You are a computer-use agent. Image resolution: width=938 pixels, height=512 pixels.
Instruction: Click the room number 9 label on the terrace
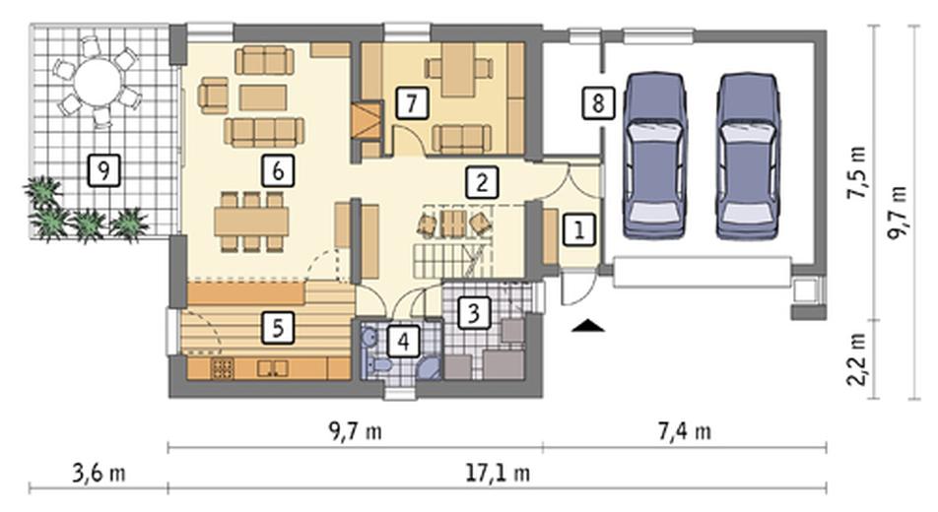point(103,170)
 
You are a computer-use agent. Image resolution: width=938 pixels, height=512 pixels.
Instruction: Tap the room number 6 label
point(278,170)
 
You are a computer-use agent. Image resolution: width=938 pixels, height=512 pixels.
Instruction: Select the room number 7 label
point(412,102)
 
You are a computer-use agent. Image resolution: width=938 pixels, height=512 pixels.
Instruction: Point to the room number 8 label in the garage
point(598,102)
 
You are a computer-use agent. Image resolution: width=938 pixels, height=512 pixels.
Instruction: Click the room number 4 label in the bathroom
point(403,342)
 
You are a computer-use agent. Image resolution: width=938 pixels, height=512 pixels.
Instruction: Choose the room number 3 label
point(474,312)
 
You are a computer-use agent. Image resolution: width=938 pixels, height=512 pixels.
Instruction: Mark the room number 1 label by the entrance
point(579,229)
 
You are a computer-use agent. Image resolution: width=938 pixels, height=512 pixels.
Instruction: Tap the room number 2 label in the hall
point(482,182)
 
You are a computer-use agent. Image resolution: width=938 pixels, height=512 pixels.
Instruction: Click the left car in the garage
point(654,156)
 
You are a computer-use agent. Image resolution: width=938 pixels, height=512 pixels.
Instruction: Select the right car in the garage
point(748,156)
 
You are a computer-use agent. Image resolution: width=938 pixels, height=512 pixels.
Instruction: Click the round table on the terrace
point(97,80)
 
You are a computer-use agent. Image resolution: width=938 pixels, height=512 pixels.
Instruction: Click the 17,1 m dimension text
point(498,474)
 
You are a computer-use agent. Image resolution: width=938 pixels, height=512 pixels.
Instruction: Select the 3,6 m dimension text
point(99,474)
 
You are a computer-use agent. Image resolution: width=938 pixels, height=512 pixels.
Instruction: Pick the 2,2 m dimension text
point(858,359)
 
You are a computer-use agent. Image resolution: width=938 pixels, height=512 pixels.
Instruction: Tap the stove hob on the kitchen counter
point(222,368)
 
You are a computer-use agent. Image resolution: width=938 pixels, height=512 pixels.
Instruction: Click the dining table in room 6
point(252,222)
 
